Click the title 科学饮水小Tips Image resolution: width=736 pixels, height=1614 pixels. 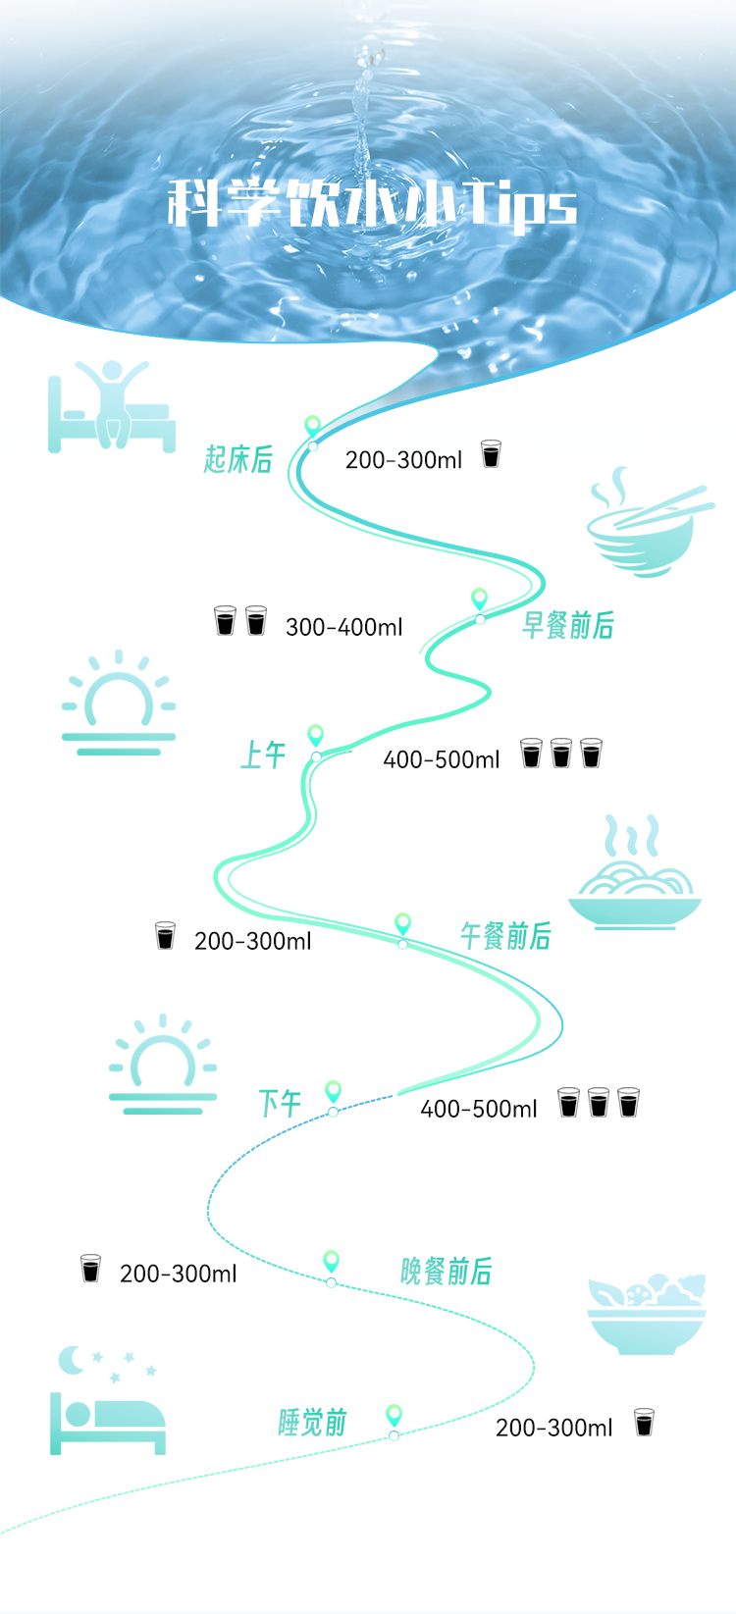(x=371, y=203)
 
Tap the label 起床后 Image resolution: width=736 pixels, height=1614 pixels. (x=238, y=458)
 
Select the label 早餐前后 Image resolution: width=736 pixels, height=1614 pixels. (x=567, y=625)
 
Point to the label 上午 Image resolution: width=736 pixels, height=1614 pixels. (x=263, y=755)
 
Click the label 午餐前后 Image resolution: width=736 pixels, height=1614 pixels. (x=505, y=936)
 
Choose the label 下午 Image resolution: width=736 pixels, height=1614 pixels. (x=279, y=1104)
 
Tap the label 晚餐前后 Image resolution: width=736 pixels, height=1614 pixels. (x=446, y=1272)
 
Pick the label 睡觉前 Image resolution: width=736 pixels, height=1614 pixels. (x=312, y=1423)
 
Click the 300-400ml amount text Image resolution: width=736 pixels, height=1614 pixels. (x=343, y=627)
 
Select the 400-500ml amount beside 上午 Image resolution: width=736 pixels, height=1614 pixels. (x=441, y=759)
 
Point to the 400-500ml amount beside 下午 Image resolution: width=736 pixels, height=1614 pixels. (x=478, y=1109)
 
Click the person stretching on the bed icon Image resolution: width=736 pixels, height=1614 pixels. (x=112, y=406)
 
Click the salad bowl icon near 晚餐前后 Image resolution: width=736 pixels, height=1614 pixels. (x=647, y=1315)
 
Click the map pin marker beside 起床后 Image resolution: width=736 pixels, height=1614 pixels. (x=312, y=427)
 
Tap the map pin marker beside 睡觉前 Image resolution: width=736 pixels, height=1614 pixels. (x=394, y=1415)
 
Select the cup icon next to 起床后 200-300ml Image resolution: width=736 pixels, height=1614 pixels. (x=491, y=454)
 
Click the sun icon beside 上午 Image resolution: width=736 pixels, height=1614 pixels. (x=119, y=703)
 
